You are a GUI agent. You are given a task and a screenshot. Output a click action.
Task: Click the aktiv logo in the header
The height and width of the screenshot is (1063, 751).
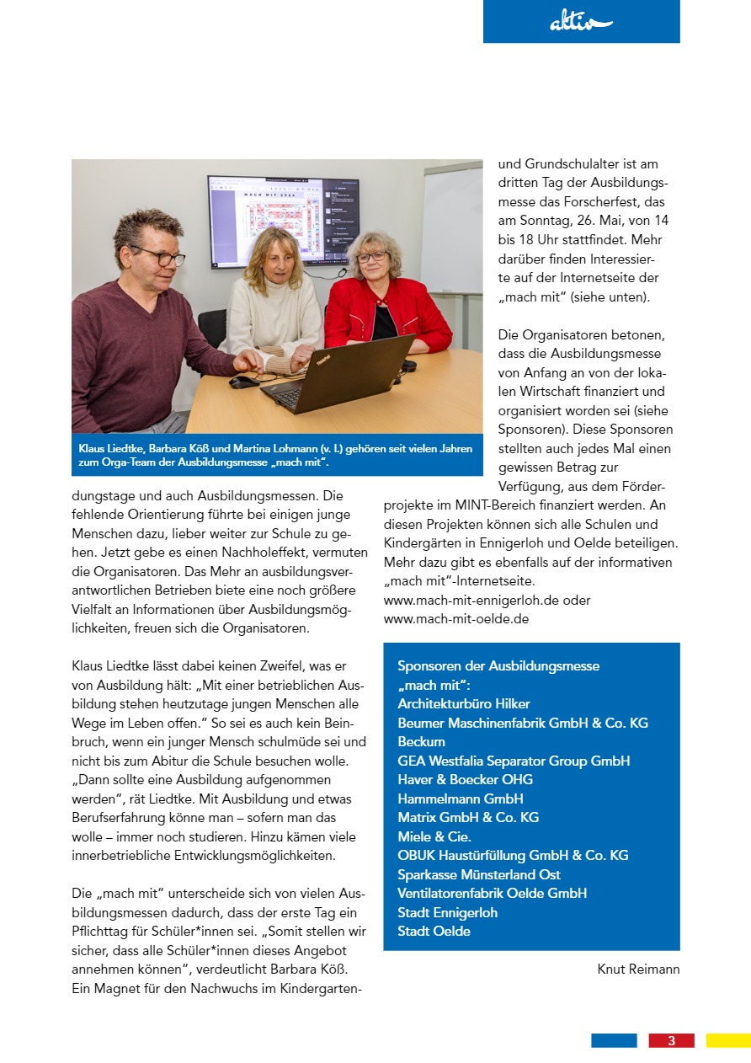[581, 23]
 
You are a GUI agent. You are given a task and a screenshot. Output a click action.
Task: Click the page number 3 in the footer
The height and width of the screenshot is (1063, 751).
[671, 1040]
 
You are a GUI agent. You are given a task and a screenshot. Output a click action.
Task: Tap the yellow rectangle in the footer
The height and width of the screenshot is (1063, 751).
[727, 1040]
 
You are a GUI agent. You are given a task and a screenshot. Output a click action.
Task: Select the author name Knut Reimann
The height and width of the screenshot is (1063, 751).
[638, 970]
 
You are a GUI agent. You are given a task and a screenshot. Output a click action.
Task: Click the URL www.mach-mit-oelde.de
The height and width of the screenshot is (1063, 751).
[455, 619]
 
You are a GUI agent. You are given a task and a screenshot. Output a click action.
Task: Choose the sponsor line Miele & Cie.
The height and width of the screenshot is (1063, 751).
[434, 836]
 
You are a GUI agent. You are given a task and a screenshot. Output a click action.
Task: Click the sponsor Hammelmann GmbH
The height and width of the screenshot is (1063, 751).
[461, 799]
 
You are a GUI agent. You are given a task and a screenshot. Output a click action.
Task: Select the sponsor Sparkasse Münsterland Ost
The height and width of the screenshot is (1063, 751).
[479, 874]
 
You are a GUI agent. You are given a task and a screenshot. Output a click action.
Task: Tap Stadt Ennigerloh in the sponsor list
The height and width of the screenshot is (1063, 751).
[447, 912]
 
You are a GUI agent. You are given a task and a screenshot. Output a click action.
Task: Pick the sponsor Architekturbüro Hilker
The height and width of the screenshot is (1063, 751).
[464, 703]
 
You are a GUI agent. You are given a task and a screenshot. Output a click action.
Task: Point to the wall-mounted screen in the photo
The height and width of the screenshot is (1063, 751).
[283, 221]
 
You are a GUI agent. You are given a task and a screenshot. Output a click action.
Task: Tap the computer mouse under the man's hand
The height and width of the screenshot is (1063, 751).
[243, 382]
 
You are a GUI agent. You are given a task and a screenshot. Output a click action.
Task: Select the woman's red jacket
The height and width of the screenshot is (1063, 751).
[387, 313]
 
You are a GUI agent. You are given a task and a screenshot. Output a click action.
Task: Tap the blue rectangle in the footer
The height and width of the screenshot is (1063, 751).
[614, 1040]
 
